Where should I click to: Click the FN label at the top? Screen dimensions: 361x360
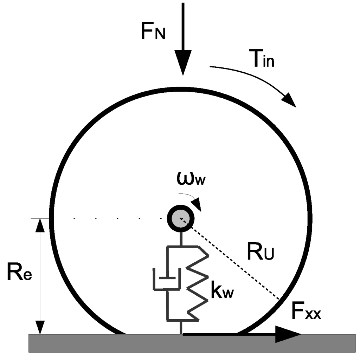(153, 32)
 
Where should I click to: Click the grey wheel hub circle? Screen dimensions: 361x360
(181, 219)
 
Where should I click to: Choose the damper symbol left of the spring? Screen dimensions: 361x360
(167, 279)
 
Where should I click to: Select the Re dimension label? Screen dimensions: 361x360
(19, 274)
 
